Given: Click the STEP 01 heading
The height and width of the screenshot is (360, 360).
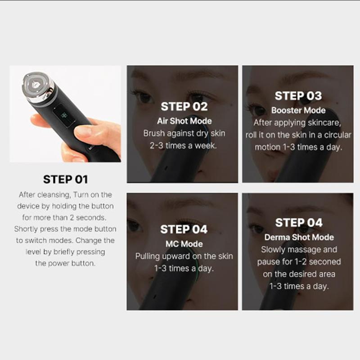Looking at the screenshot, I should point(65,179).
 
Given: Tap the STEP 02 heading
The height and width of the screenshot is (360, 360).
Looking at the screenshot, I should point(184,107).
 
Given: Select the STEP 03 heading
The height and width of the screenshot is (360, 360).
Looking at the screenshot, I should point(298,96).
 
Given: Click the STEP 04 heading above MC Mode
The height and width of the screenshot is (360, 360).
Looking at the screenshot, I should point(184,229).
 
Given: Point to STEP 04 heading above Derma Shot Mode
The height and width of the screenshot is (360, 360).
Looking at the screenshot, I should point(298,223).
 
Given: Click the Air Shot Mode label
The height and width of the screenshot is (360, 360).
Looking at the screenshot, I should point(184,121).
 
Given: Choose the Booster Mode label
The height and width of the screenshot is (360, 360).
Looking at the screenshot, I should point(298,110).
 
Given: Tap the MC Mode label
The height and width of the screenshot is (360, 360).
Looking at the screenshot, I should point(184,244).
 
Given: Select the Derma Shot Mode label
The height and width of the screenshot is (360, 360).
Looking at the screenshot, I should point(298,237).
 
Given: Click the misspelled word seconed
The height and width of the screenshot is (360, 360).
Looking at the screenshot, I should point(322,261).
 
